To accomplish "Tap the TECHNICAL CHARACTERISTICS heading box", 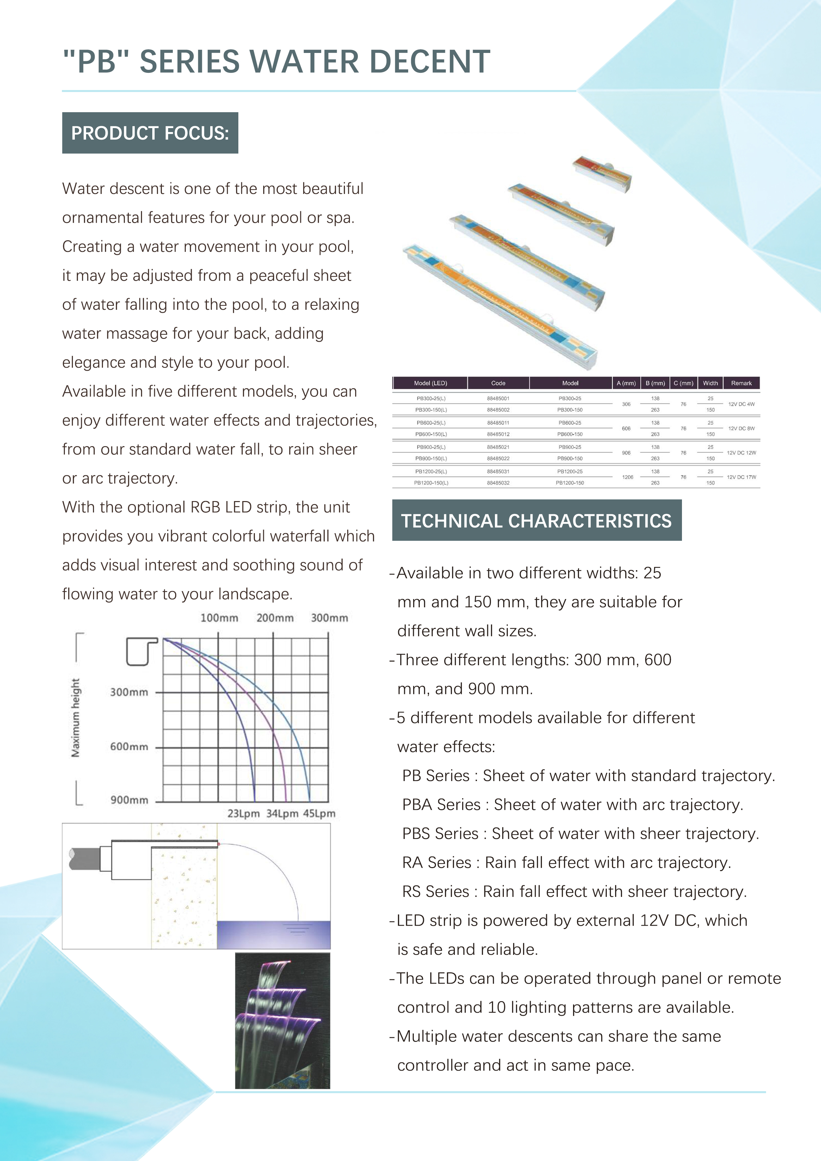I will [536, 520].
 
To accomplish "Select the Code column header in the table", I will [498, 383].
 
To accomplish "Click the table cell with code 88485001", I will [498, 398].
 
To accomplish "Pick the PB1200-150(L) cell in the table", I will [431, 483].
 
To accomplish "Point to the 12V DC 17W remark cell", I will [741, 477].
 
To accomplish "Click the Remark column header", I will [741, 383].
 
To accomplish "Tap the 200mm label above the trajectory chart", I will [275, 618].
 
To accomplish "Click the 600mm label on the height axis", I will [129, 747].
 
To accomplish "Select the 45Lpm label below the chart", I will [319, 813].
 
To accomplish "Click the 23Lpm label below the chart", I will [243, 813].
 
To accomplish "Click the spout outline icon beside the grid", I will [141, 651].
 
